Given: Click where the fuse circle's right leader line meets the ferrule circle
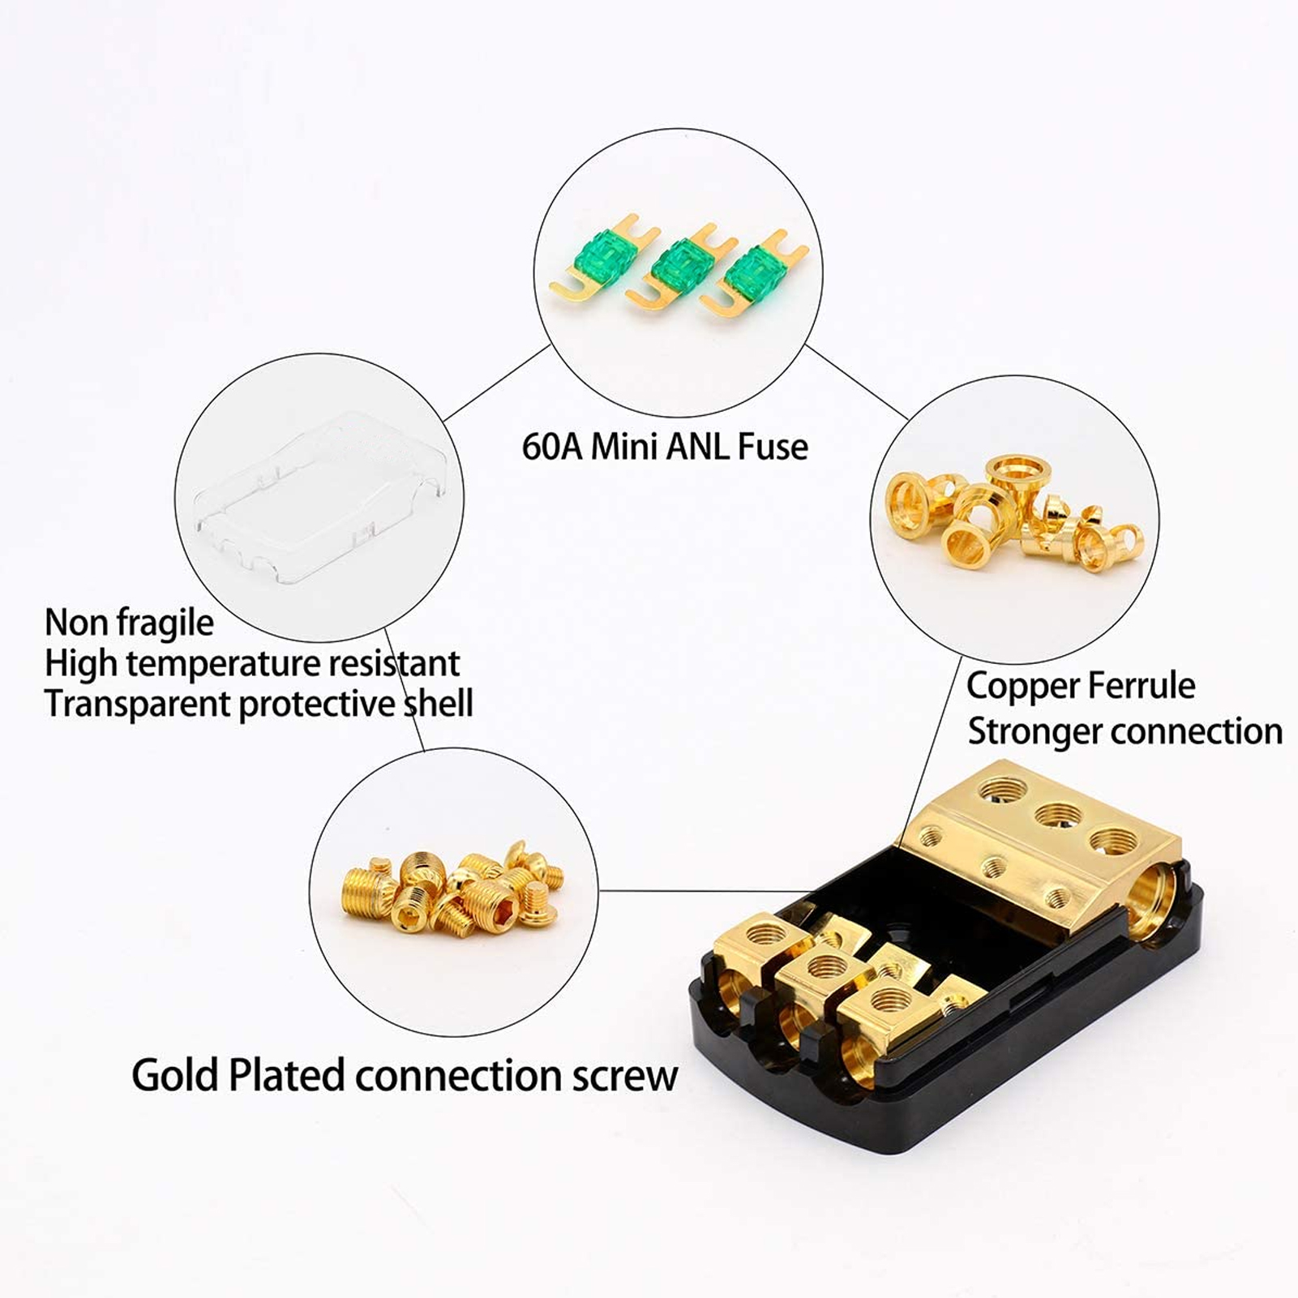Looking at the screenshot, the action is tap(908, 419).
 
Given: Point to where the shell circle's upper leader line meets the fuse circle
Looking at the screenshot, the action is tap(551, 344).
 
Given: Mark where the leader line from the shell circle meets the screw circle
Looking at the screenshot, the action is tap(423, 750).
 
